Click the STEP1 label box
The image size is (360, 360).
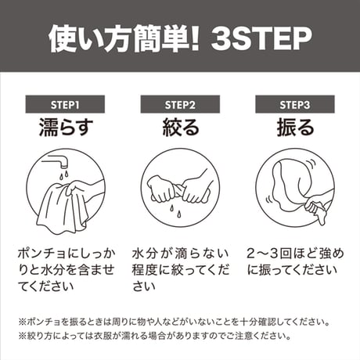pyautogui.click(x=65, y=104)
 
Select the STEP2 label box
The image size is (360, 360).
pyautogui.click(x=180, y=104)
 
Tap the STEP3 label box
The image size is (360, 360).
pyautogui.click(x=295, y=104)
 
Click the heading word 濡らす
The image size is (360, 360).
pyautogui.click(x=66, y=127)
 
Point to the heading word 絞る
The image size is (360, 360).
pyautogui.click(x=181, y=127)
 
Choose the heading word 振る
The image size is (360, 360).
pyautogui.click(x=295, y=127)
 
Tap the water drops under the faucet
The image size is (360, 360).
pyautogui.click(x=63, y=175)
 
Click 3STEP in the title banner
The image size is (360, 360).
pyautogui.click(x=261, y=38)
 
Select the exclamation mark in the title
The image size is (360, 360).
pyautogui.click(x=193, y=38)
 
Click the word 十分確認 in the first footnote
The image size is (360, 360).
pyautogui.click(x=254, y=322)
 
